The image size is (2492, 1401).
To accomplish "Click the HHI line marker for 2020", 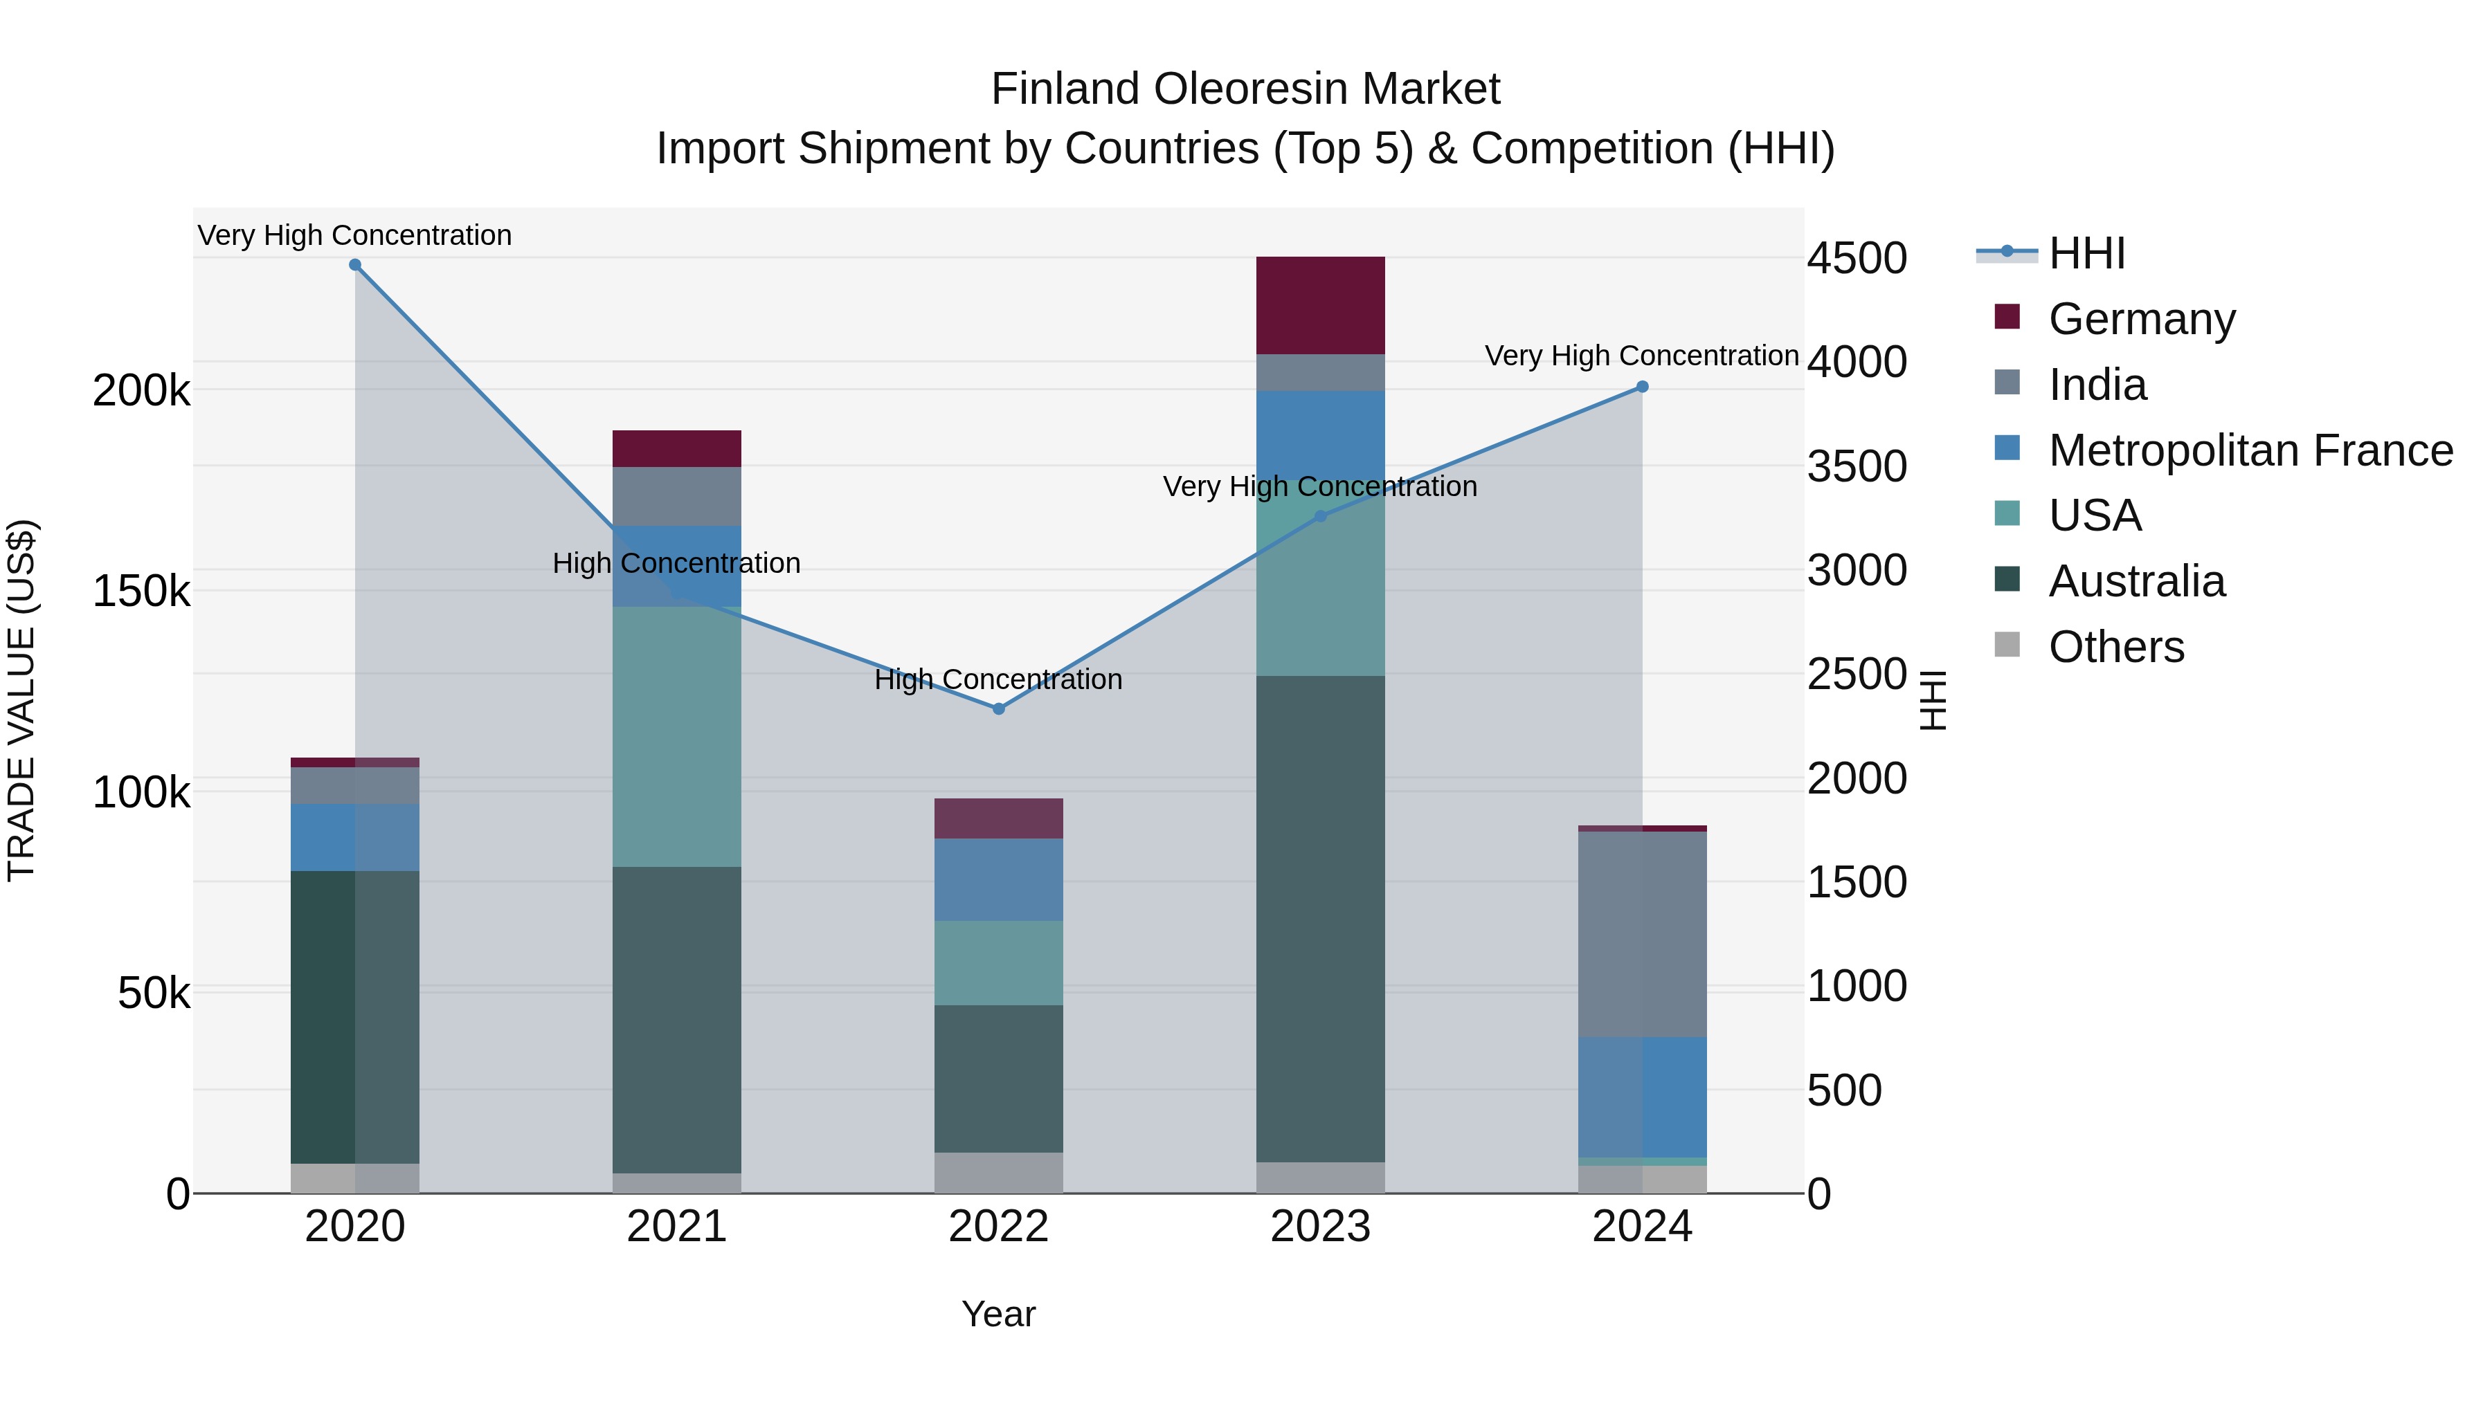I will tap(355, 265).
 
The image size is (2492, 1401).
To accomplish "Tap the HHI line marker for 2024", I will tap(1642, 387).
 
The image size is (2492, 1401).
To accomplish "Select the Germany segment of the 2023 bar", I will tap(1321, 306).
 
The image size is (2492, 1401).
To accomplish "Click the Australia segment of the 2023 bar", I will tap(1321, 919).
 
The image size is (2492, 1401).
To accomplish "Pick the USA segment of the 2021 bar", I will tap(677, 737).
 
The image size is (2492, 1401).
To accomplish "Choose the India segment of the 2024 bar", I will tap(1642, 934).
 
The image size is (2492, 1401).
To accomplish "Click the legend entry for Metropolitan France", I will tap(2250, 450).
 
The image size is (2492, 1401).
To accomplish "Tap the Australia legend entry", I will tap(2136, 581).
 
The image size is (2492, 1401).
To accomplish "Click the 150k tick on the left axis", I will tap(141, 591).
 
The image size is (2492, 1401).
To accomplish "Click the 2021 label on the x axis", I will tap(677, 1227).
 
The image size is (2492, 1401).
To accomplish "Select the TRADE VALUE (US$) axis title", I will tap(21, 700).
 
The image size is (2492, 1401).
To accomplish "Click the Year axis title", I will tap(998, 1314).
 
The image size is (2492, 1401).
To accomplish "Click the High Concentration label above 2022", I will tap(998, 679).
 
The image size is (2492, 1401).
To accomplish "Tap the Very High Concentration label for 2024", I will tap(1642, 356).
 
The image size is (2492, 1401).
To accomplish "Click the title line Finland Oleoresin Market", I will tap(1245, 89).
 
